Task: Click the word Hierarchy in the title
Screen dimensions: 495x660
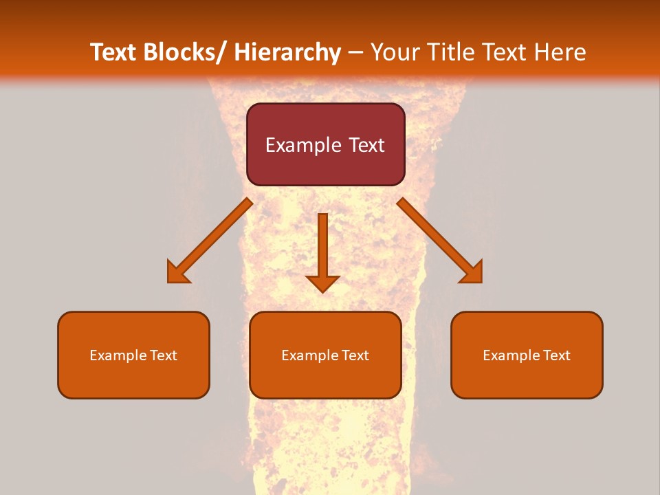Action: pyautogui.click(x=287, y=53)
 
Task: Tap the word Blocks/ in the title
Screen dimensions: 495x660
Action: pyautogui.click(x=184, y=53)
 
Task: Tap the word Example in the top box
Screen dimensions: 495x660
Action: pyautogui.click(x=303, y=145)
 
